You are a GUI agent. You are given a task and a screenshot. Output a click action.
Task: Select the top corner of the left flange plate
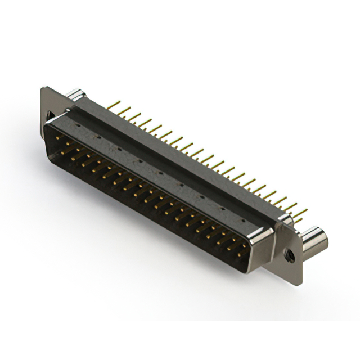click(x=45, y=88)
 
